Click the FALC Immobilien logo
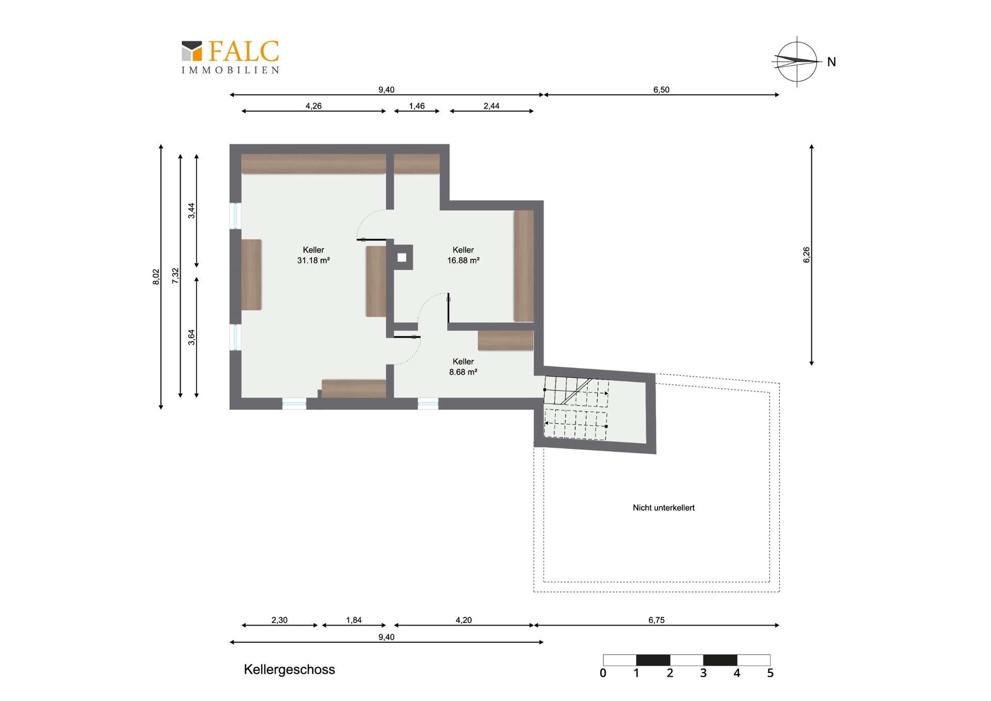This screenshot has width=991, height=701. [x=230, y=57]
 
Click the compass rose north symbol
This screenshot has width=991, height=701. [x=797, y=61]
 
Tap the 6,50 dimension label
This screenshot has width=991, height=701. [x=661, y=90]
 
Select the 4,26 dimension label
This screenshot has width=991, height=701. [x=313, y=106]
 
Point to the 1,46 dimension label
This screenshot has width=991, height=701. [x=417, y=106]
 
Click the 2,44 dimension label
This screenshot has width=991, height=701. [x=491, y=106]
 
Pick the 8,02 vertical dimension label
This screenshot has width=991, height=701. [x=156, y=277]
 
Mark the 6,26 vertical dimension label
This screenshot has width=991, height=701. [x=806, y=255]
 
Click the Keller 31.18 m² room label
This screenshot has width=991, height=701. [x=313, y=255]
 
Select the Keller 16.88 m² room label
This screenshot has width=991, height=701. [x=463, y=255]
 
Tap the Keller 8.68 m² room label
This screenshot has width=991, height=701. [x=463, y=367]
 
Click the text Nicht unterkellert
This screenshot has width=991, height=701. [x=664, y=508]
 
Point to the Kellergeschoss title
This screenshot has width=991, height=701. [x=289, y=669]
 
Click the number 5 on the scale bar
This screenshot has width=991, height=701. [x=770, y=673]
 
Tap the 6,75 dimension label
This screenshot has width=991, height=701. [x=657, y=620]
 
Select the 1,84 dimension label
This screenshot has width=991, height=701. [x=354, y=620]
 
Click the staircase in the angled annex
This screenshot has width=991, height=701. [x=576, y=408]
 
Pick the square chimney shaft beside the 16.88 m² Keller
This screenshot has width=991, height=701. [x=403, y=257]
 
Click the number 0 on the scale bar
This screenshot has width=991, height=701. [x=603, y=673]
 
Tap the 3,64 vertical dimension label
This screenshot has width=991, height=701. [x=191, y=337]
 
